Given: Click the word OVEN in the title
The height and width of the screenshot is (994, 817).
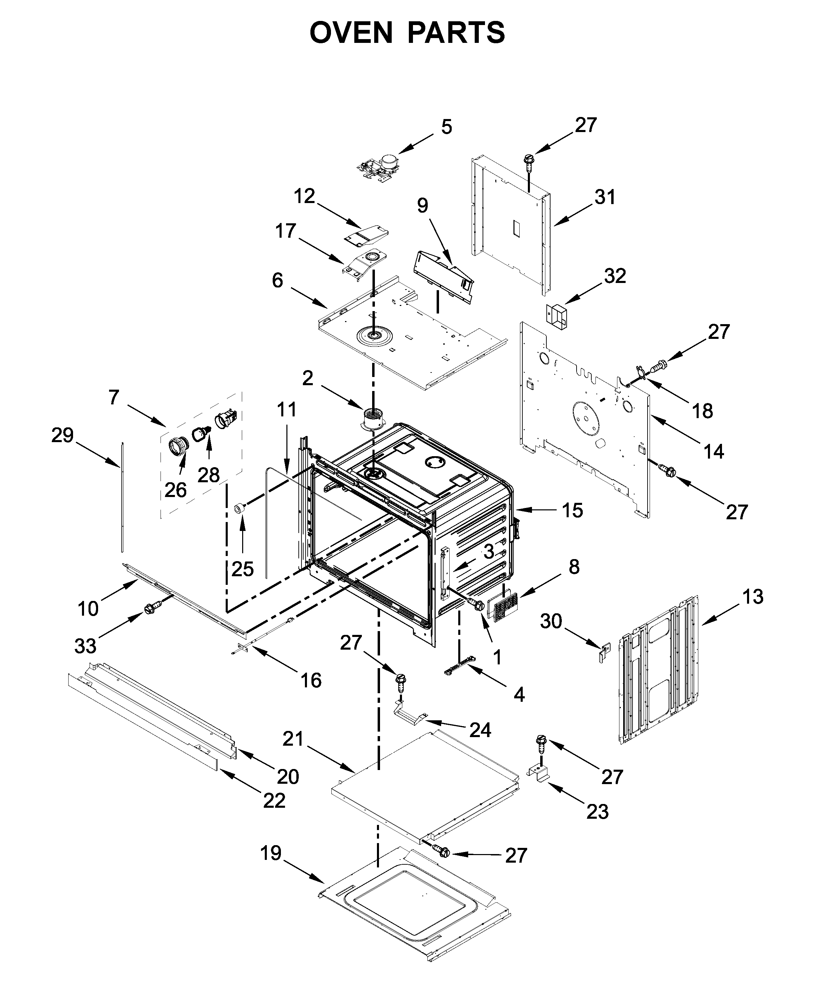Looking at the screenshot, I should pos(351,33).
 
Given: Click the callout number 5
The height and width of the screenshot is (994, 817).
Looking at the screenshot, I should pos(446,127).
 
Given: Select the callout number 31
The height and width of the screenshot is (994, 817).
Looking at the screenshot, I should pos(605,198).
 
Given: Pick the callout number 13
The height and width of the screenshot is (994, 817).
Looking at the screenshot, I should pos(752,597).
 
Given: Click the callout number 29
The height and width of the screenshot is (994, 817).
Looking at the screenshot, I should pos(62,435).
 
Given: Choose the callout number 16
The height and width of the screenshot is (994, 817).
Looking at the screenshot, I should pos(311,680).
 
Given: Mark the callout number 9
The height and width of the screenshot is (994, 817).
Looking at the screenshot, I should pos(423,206).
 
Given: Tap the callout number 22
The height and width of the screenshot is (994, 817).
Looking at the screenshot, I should pos(274,801).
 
